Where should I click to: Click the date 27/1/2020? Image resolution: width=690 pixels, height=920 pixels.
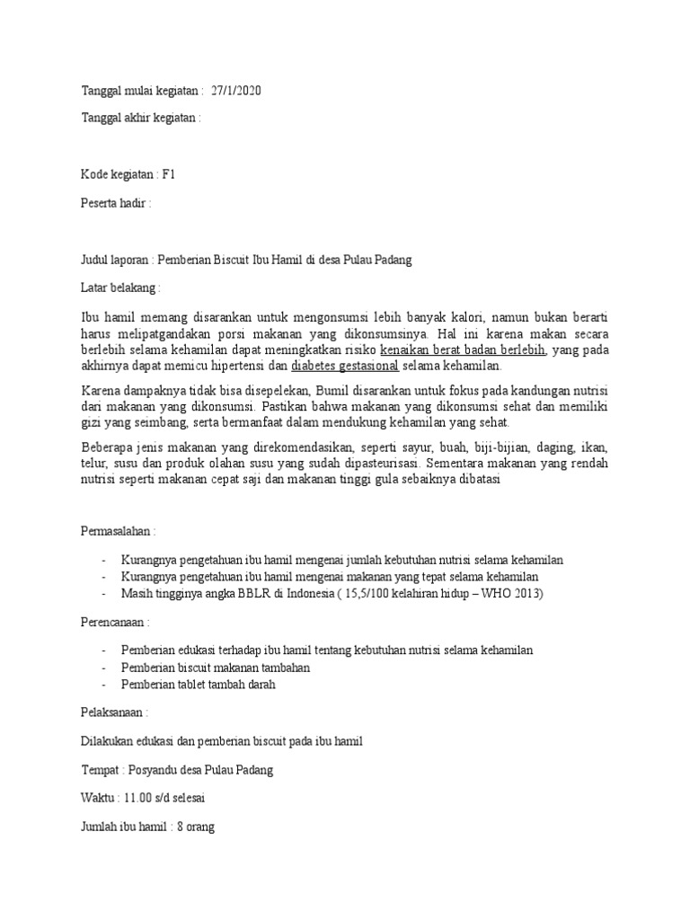236,92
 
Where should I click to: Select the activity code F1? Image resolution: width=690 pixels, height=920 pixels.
168,174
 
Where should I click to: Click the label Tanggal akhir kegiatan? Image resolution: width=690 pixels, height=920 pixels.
141,118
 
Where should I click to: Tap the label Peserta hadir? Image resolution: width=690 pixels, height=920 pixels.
116,203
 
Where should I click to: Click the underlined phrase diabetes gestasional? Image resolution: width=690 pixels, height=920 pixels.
345,367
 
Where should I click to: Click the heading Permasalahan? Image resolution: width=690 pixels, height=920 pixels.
119,532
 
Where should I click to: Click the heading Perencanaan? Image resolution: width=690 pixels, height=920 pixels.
116,622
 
